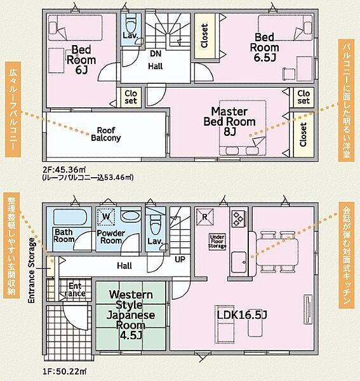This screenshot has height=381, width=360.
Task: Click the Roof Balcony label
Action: (106, 134)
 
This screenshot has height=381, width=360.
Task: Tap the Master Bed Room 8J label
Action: (230, 121)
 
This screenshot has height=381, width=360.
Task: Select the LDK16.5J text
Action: (242, 315)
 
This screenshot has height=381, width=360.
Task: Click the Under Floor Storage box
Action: (217, 241)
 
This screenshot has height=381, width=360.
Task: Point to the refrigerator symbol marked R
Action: (205, 217)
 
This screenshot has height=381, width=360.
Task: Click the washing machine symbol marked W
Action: (106, 217)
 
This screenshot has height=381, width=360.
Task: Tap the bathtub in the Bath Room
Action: (70, 217)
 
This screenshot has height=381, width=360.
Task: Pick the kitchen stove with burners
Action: (238, 218)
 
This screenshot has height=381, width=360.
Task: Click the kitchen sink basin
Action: (239, 262)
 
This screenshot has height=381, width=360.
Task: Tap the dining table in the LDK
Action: (277, 252)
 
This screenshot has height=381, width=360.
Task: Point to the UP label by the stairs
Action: (180, 260)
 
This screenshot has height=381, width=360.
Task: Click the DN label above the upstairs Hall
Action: (156, 54)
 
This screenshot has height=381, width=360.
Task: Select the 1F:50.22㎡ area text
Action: (64, 371)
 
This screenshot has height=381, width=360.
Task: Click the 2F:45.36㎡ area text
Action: (64, 169)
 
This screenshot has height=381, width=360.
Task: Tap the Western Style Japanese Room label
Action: (131, 315)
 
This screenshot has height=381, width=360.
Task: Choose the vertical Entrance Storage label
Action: (32, 271)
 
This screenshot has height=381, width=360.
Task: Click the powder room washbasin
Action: (131, 215)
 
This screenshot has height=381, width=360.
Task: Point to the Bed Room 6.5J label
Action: (264, 48)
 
